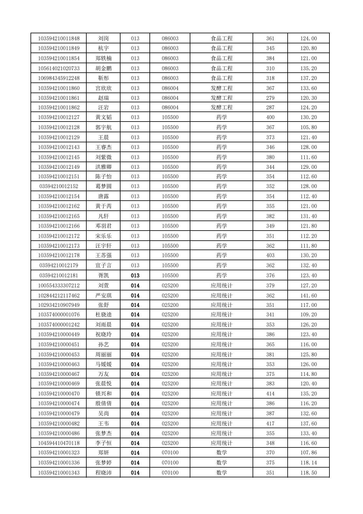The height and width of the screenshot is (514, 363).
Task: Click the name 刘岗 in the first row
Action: point(103,38)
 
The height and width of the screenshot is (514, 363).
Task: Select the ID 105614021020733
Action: point(59,68)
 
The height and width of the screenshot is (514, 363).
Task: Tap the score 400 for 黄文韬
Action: point(270,117)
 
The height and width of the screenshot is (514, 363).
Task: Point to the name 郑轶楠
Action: point(103,58)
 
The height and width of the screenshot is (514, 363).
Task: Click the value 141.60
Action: point(308,295)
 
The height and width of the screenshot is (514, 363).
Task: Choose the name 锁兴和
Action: point(103,394)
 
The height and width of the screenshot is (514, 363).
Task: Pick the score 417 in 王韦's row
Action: point(270,424)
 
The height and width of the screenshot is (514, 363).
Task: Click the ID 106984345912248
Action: point(59,78)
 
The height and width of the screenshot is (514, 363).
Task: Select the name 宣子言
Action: point(103,265)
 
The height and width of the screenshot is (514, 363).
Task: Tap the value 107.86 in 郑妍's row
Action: point(308,453)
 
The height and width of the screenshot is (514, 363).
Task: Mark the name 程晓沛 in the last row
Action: point(103,473)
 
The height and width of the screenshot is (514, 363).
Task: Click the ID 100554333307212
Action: point(59,286)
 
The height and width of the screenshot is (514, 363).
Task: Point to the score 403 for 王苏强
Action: point(270,255)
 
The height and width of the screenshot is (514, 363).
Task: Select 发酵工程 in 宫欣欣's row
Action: point(221,88)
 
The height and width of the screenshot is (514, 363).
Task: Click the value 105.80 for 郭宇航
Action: point(308,127)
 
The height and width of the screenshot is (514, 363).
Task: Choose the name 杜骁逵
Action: point(103,315)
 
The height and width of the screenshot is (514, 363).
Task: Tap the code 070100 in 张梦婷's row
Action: point(170,463)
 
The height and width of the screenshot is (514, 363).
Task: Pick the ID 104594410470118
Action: point(59,443)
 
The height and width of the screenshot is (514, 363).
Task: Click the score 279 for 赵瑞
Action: point(270,98)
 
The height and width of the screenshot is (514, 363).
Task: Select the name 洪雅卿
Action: point(103,167)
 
